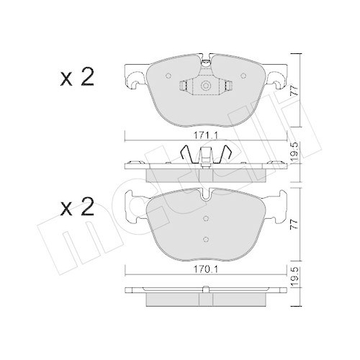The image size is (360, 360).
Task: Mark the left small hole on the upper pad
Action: click(x=168, y=76)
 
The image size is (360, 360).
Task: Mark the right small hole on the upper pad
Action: click(x=241, y=76)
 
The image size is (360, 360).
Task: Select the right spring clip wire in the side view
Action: click(x=225, y=153)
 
